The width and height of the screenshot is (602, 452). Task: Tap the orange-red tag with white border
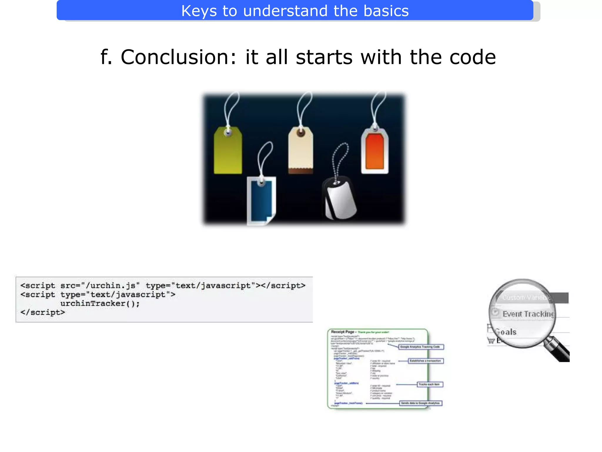375,152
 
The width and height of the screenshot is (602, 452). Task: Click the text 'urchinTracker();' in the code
100,303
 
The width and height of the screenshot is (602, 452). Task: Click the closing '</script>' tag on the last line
43,313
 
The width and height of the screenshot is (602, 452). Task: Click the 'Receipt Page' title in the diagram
343,332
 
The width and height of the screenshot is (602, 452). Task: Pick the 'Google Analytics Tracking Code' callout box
420,347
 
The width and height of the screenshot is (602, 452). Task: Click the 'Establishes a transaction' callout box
425,361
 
